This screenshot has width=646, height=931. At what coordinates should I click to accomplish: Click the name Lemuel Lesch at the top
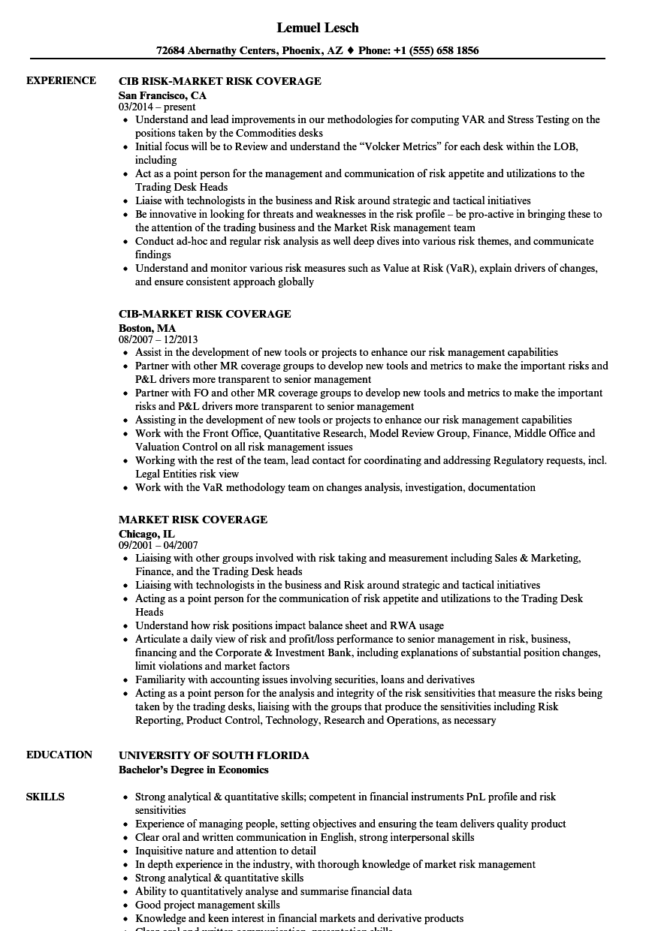(x=318, y=28)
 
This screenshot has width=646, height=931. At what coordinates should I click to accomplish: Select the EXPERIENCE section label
(x=61, y=80)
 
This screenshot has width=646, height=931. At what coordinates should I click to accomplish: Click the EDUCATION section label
(x=59, y=755)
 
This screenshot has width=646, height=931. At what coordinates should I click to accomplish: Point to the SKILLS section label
(x=45, y=797)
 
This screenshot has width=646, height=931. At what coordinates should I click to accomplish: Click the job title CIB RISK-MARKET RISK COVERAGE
(x=220, y=81)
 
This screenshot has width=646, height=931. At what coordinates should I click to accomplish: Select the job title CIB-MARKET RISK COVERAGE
(x=205, y=314)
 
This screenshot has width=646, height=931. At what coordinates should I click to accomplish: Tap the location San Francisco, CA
(x=162, y=95)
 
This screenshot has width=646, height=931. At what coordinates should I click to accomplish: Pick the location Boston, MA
(x=147, y=328)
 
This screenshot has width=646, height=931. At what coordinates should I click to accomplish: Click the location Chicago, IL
(x=146, y=534)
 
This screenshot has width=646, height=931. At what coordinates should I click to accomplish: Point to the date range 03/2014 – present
(x=157, y=107)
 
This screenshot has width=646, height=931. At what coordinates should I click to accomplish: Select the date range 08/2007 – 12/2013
(x=158, y=339)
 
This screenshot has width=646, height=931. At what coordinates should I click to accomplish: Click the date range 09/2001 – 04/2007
(x=158, y=545)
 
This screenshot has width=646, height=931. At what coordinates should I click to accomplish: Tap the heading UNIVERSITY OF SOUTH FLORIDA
(x=214, y=755)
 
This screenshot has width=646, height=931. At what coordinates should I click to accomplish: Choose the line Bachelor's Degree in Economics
(x=194, y=770)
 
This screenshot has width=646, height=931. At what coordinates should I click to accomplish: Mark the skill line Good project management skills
(x=207, y=905)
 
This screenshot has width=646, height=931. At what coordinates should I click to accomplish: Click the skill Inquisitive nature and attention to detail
(x=225, y=851)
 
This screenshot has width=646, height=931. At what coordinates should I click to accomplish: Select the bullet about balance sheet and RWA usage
(x=289, y=625)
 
